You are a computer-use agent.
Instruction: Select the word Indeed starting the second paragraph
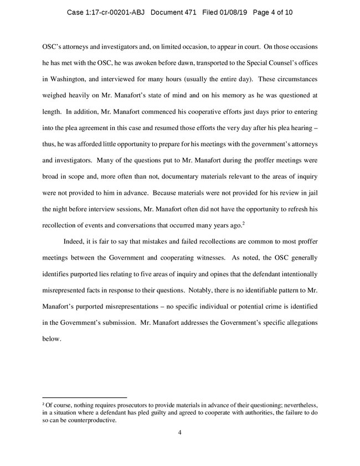[76, 241]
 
